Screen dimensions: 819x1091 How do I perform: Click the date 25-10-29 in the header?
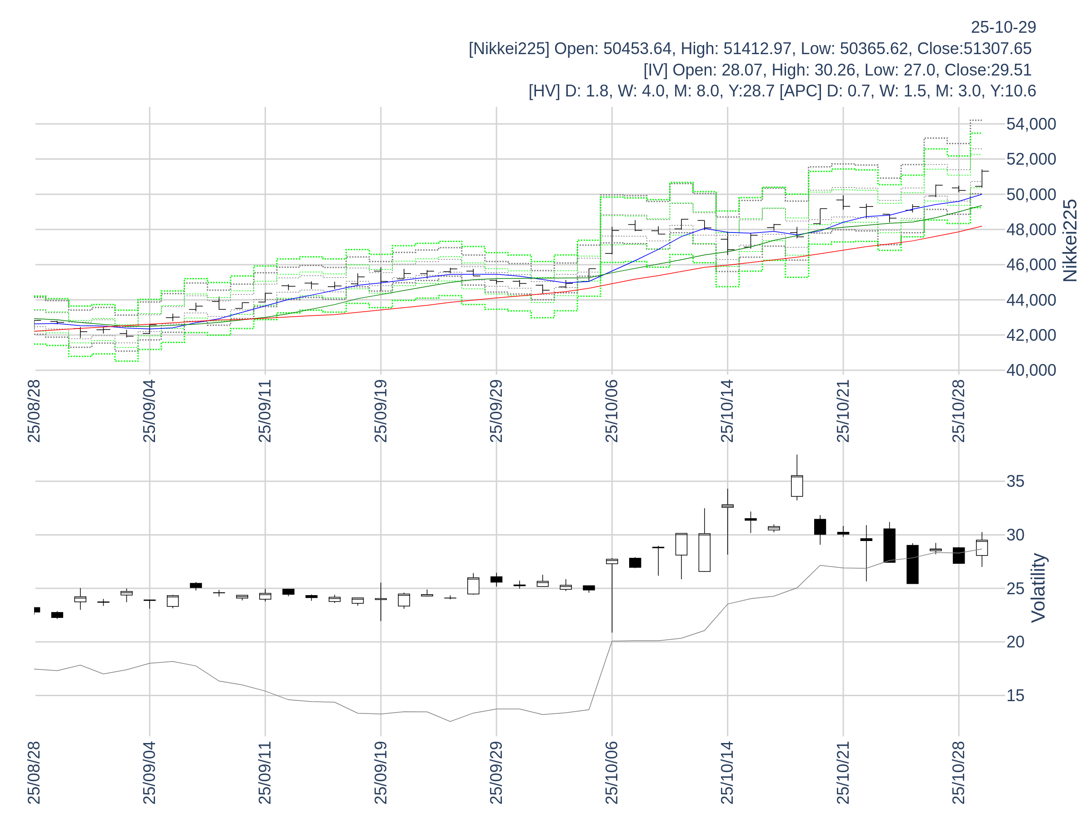click(1003, 27)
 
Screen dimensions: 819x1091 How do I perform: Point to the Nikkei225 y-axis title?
click(1070, 241)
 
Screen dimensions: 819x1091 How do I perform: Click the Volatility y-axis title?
click(1038, 588)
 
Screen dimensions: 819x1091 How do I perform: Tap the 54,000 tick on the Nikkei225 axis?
click(1031, 124)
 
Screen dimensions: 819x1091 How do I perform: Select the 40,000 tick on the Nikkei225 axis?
click(1031, 370)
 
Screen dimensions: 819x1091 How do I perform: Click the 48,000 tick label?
click(1031, 230)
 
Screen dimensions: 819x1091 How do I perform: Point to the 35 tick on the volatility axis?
click(1016, 481)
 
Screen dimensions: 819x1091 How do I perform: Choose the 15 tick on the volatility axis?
click(1016, 696)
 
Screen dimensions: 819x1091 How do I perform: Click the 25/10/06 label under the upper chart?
click(611, 411)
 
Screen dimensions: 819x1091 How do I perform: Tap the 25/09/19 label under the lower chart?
click(381, 773)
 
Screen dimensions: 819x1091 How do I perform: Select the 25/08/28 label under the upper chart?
click(34, 411)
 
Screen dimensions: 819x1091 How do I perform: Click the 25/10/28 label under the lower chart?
click(958, 773)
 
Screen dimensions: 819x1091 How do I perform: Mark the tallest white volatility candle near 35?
click(796, 486)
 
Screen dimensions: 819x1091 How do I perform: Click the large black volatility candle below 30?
click(912, 564)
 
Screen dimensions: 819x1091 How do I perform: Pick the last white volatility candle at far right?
click(981, 548)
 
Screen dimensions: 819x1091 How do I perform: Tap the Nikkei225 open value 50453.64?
click(637, 49)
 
